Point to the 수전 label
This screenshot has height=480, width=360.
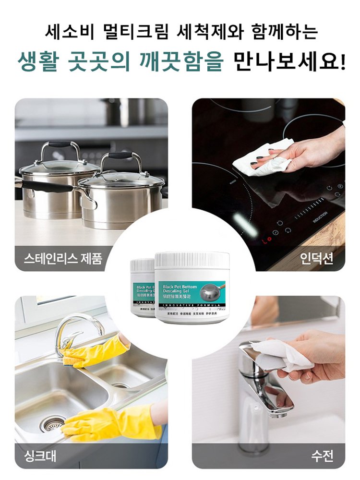click(x=322, y=455)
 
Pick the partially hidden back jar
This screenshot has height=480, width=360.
click(x=141, y=288)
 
